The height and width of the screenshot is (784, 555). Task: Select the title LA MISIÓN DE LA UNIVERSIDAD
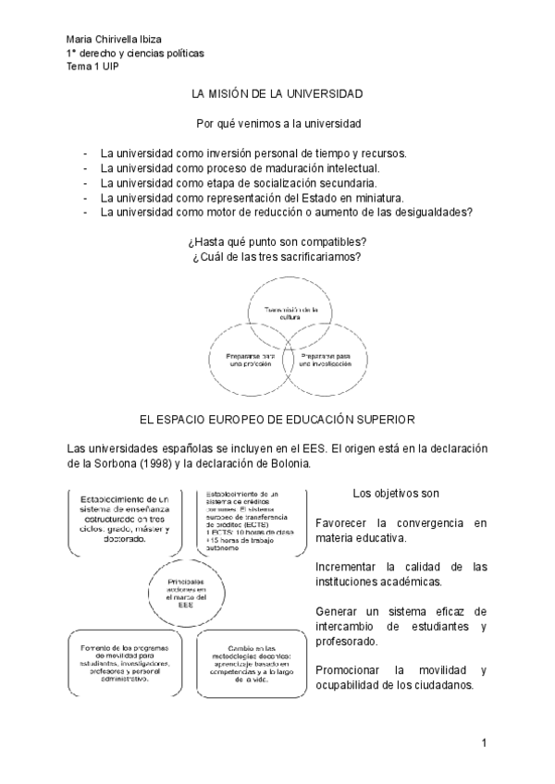click(277, 93)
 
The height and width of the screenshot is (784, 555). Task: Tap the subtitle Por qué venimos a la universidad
click(278, 123)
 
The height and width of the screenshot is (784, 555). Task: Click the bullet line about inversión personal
click(253, 153)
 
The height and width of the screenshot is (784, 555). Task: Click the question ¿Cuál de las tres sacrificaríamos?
click(277, 256)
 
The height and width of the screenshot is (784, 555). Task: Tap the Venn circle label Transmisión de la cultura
click(291, 312)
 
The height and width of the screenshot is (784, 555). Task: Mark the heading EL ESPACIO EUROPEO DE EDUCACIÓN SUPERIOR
click(277, 420)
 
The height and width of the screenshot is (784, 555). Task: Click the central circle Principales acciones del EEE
click(188, 591)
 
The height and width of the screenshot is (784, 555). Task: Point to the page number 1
click(483, 742)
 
